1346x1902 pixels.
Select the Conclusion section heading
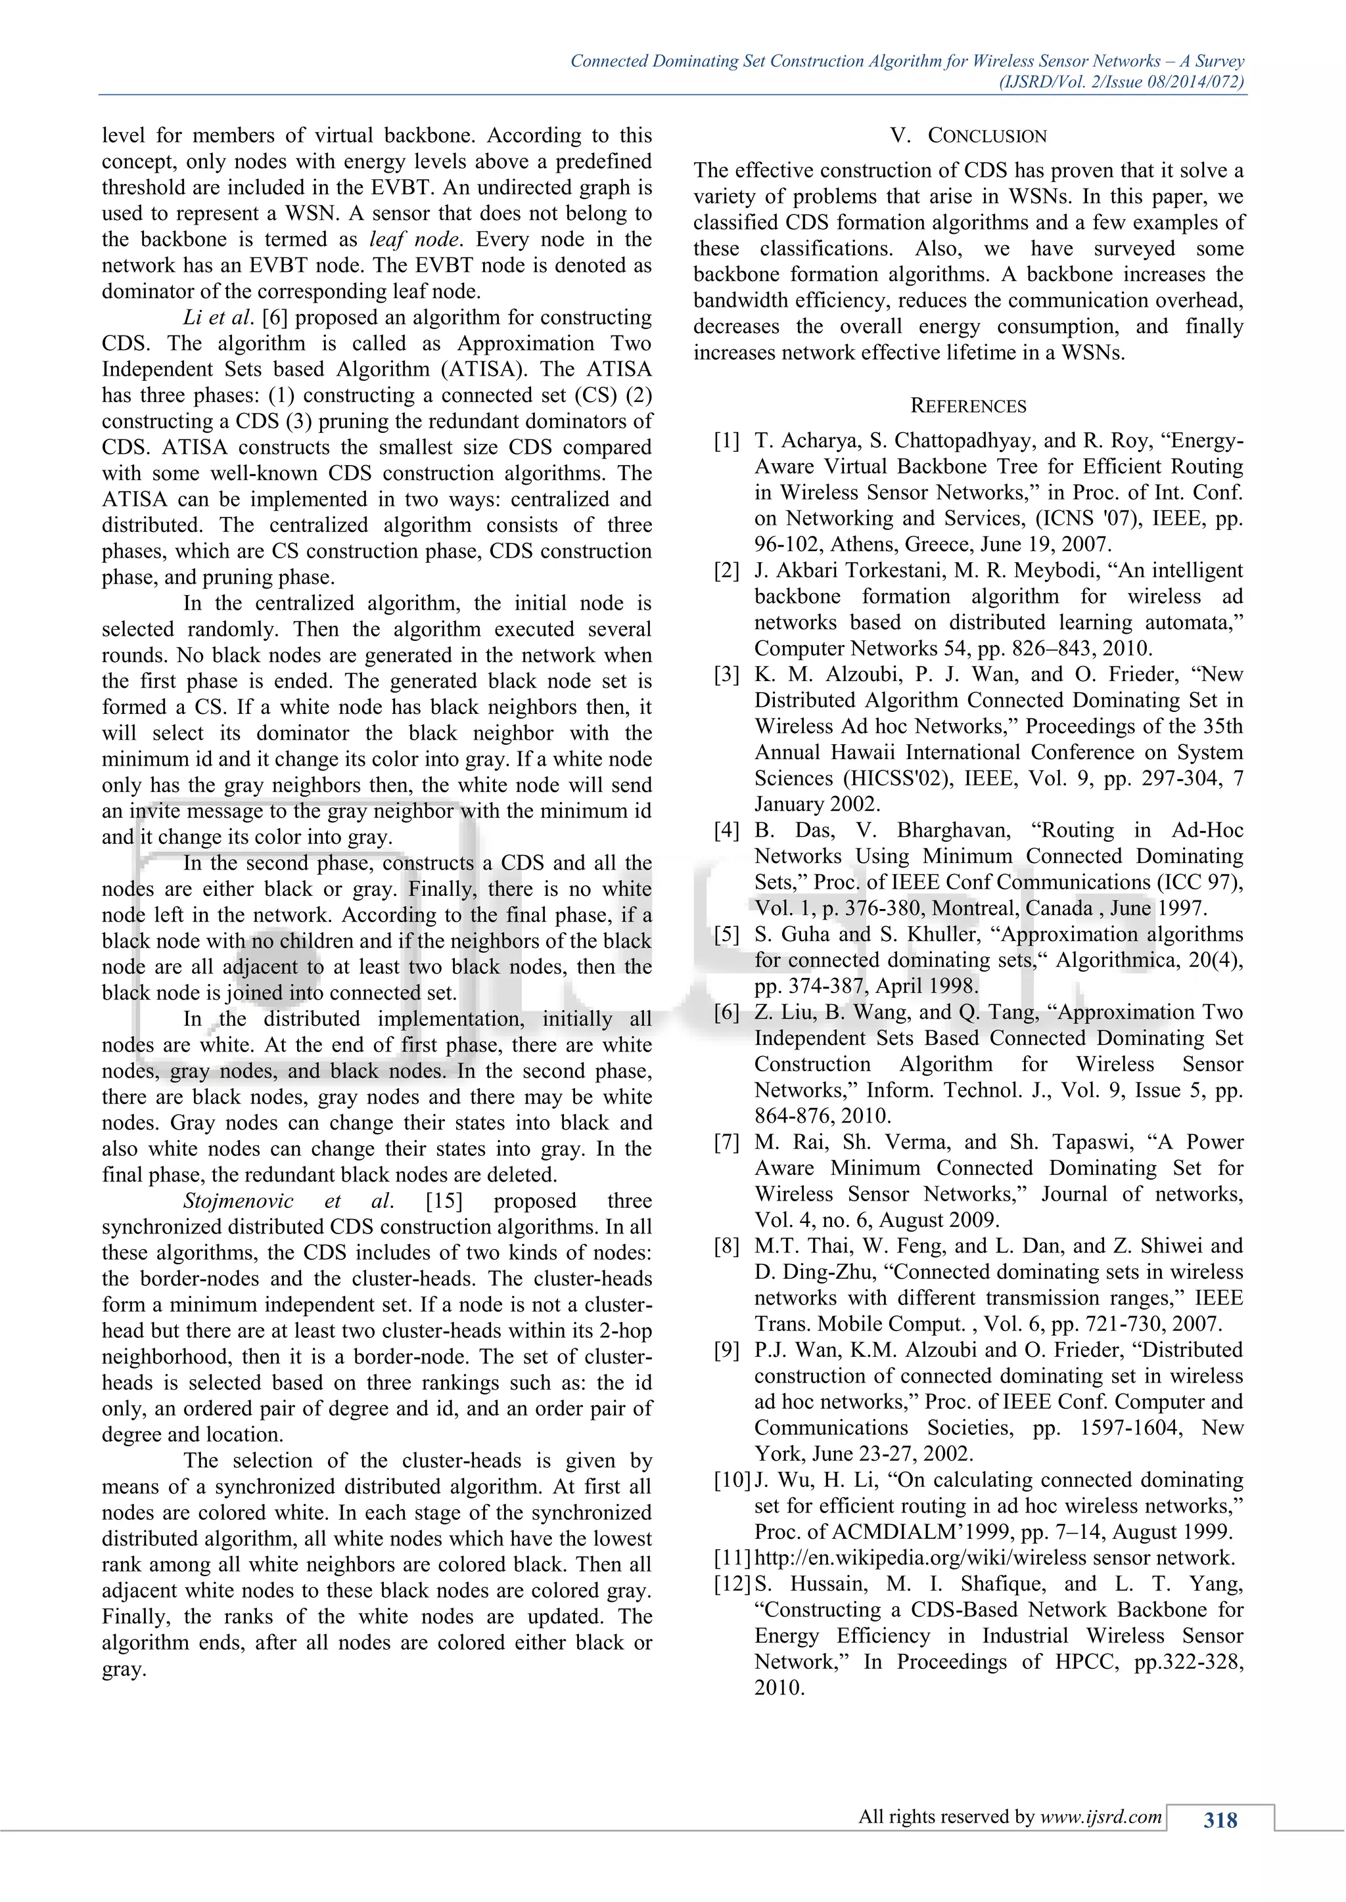click(968, 136)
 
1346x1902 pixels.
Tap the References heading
click(968, 406)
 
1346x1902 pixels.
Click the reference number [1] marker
click(726, 441)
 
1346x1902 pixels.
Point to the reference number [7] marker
click(726, 1142)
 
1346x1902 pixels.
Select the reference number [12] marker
click(732, 1584)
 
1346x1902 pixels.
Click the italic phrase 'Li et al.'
click(219, 318)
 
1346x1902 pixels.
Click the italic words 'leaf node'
click(413, 240)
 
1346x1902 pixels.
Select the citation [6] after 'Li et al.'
click(273, 318)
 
